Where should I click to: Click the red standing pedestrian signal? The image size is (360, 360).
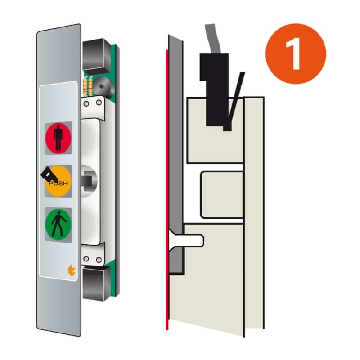tap(58, 138)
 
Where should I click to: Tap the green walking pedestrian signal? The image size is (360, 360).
tap(58, 225)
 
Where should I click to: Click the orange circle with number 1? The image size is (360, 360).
tap(296, 54)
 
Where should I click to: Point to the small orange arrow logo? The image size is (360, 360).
tap(72, 270)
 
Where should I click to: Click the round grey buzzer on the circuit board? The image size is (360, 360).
tap(103, 86)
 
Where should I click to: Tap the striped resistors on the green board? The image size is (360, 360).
tap(88, 85)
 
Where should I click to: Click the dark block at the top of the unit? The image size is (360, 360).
tap(96, 55)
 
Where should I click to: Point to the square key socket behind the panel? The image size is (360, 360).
tap(88, 181)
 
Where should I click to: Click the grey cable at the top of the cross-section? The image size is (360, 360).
tap(213, 39)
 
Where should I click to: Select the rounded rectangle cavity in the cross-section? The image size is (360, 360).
tap(222, 194)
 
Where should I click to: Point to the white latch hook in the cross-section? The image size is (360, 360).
tap(186, 240)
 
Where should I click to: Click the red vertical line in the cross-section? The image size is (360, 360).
tap(167, 189)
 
